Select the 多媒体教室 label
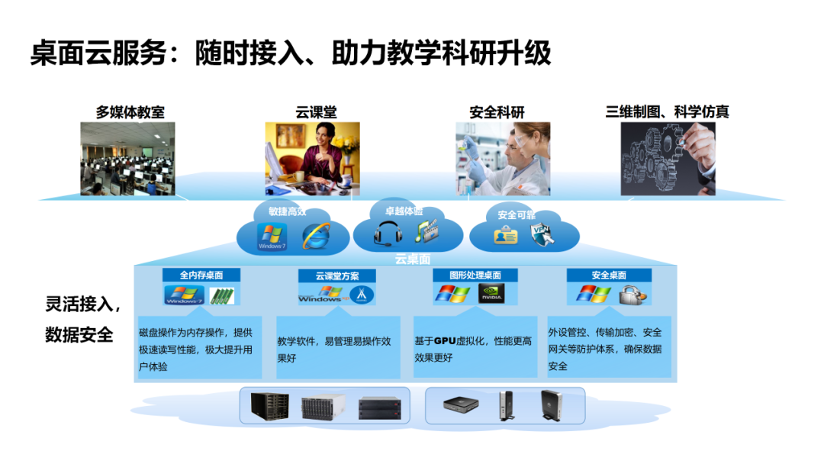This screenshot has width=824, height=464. [x=130, y=112]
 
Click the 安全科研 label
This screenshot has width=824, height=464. [x=497, y=112]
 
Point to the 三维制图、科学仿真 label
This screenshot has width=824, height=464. [x=667, y=112]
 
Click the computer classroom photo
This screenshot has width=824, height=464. [x=127, y=158]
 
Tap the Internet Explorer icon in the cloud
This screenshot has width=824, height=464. [x=317, y=235]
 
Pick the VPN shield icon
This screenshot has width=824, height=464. [x=542, y=234]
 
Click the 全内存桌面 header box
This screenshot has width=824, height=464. [x=201, y=275]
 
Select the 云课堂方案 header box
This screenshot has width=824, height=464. [x=337, y=275]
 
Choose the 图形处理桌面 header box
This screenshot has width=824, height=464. [x=474, y=275]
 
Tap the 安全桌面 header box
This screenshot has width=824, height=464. [x=609, y=275]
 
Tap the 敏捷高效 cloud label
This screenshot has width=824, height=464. [x=287, y=211]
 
